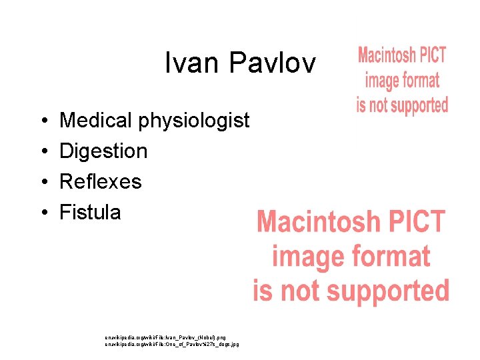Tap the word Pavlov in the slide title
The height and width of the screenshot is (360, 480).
tap(272, 63)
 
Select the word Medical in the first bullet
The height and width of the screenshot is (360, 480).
tap(96, 121)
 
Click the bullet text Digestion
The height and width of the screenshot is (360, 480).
tap(103, 151)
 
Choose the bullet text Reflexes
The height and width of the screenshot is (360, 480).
tap(101, 181)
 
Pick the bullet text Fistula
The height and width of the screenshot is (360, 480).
tap(90, 213)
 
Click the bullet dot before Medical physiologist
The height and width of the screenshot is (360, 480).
tap(43, 121)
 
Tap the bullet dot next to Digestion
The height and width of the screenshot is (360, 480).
tap(43, 152)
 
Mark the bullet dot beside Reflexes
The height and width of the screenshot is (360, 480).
tap(43, 182)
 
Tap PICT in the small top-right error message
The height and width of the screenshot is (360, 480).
tap(432, 55)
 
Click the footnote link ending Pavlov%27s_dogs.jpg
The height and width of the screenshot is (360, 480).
tap(172, 345)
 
